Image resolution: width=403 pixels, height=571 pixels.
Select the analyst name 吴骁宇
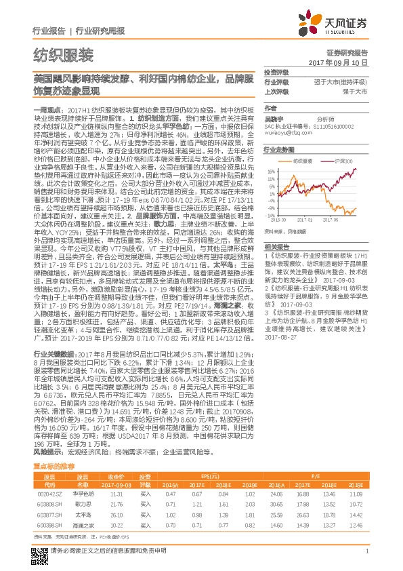click(273, 118)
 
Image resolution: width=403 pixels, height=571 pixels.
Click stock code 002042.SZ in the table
click(46, 475)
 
